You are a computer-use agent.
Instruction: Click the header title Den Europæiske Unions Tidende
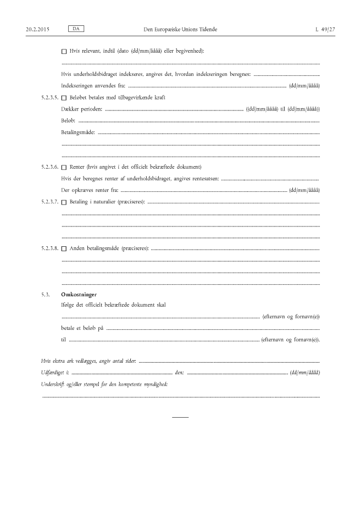(180, 28)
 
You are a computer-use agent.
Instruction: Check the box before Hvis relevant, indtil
(64, 52)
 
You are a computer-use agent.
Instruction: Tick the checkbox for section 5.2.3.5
(64, 98)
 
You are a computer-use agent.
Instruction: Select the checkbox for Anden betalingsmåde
(64, 249)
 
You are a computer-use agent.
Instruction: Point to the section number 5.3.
(45, 295)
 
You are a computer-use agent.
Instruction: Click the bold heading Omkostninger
(79, 295)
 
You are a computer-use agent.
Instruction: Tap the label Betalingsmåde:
(78, 132)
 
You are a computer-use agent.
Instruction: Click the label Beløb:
(69, 120)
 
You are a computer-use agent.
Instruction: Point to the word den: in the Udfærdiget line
(179, 373)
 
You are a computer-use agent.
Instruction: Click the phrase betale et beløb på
(82, 328)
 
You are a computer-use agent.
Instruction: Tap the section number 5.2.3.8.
(50, 249)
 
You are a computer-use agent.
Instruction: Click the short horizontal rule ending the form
(180, 417)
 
